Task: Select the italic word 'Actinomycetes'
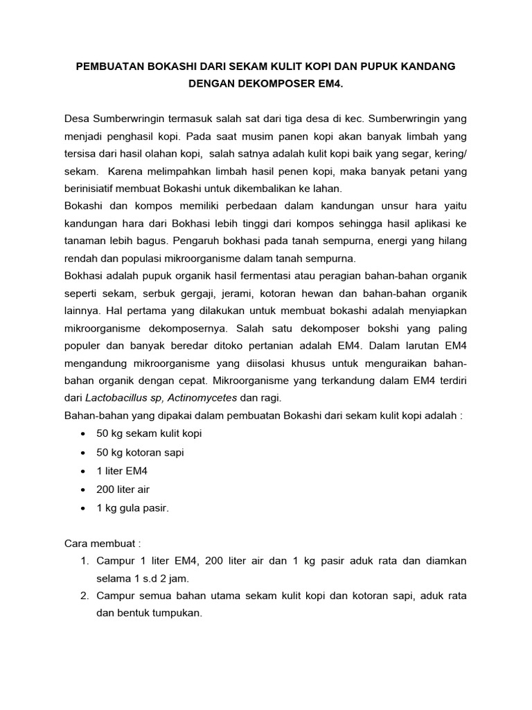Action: [204, 398]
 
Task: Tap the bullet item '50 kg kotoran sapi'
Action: [140, 452]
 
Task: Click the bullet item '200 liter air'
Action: [123, 489]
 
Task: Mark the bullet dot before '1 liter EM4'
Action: [84, 471]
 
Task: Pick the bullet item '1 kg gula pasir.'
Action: [133, 508]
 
